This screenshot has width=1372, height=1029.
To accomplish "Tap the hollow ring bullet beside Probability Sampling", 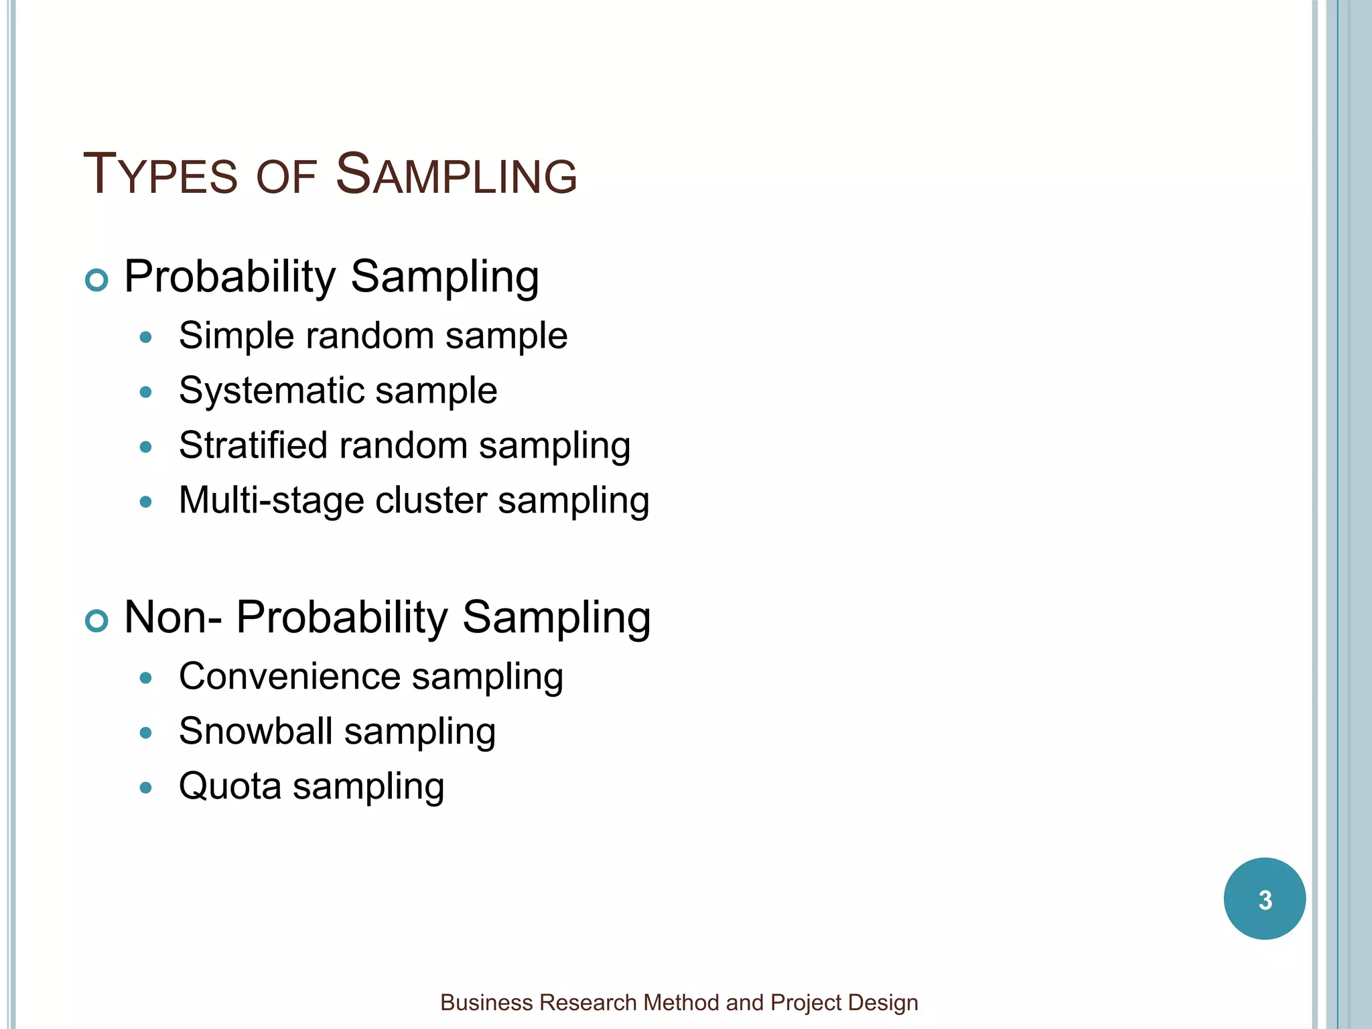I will pyautogui.click(x=97, y=279).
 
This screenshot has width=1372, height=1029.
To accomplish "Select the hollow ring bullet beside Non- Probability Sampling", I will pyautogui.click(x=97, y=620).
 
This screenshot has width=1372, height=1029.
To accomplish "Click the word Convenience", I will pyautogui.click(x=289, y=676).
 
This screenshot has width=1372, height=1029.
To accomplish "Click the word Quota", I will pyautogui.click(x=230, y=786).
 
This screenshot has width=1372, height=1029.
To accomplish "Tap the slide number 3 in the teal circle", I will pyautogui.click(x=1265, y=900).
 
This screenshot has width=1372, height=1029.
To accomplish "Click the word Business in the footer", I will pyautogui.click(x=486, y=1003).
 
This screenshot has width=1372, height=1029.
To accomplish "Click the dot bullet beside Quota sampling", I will pyautogui.click(x=146, y=787).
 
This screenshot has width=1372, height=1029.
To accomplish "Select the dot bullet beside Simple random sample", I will pyautogui.click(x=146, y=337).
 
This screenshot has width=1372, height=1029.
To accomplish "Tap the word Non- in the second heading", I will pyautogui.click(x=173, y=617).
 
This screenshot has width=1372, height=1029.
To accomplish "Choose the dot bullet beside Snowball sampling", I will pyautogui.click(x=146, y=732).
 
